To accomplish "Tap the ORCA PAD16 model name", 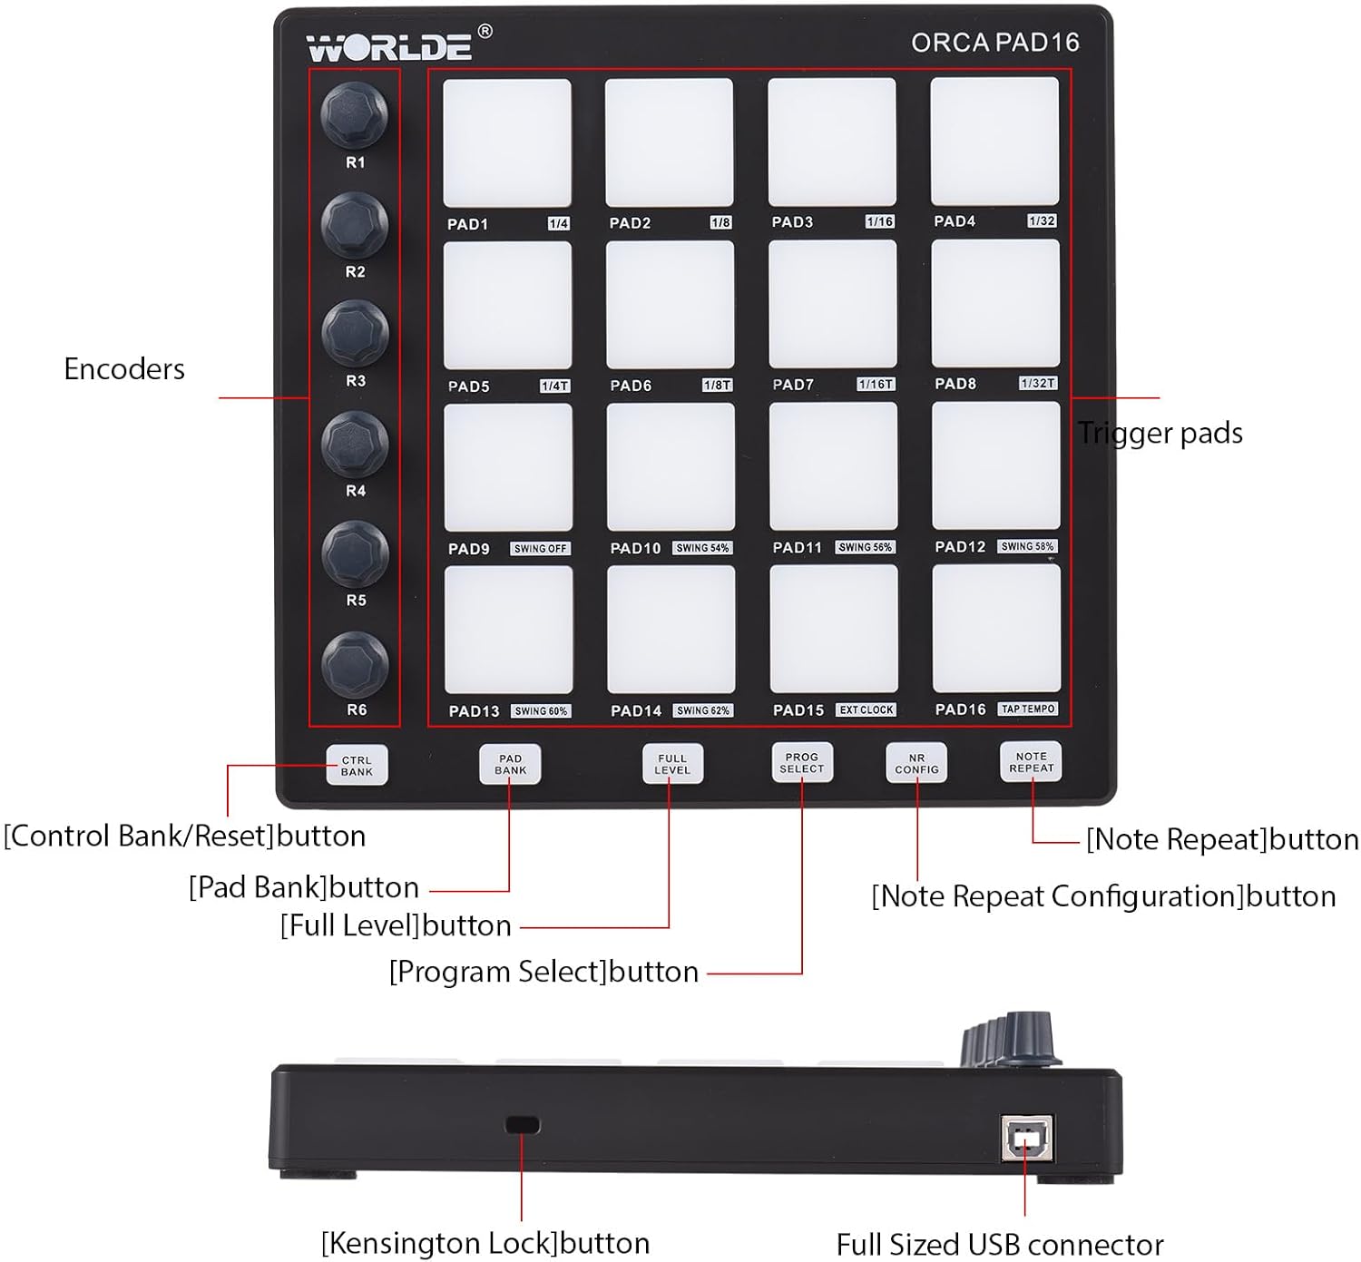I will coord(994,43).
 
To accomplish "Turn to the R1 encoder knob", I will coord(354,114).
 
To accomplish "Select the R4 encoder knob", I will coord(355,444).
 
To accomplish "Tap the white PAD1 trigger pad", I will coord(506,142).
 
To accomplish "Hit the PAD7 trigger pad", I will coord(832,304).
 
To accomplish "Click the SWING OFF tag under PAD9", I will coord(540,549).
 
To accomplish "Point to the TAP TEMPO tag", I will coord(1028,709).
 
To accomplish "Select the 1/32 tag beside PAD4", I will coord(1042,221).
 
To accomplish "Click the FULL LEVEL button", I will coord(672,764).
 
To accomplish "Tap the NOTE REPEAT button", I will coord(1031,762).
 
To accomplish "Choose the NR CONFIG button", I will coord(916,763).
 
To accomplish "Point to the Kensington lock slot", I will coord(522,1125).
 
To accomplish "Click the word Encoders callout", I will coord(124,369).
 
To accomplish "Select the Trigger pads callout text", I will coord(1160,434).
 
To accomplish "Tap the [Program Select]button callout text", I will coord(543,973).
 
